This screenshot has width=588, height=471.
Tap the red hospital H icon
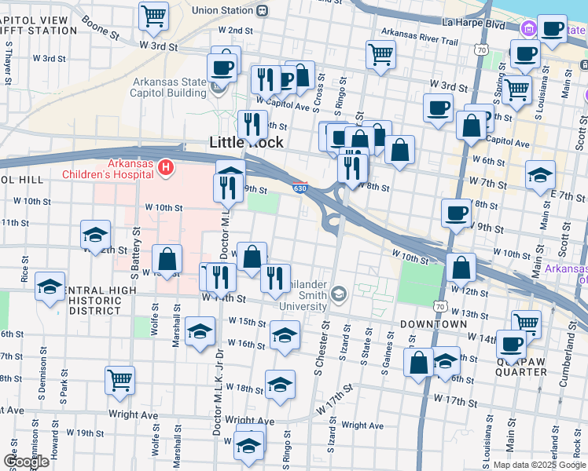point(165,167)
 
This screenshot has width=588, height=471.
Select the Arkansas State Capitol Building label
point(170,87)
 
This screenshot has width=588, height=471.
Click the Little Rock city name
point(246,142)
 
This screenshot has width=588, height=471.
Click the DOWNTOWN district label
point(433,323)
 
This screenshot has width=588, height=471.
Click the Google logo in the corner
point(26,461)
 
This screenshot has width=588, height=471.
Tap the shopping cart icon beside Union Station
point(154,16)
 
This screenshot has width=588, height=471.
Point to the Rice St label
point(25,268)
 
